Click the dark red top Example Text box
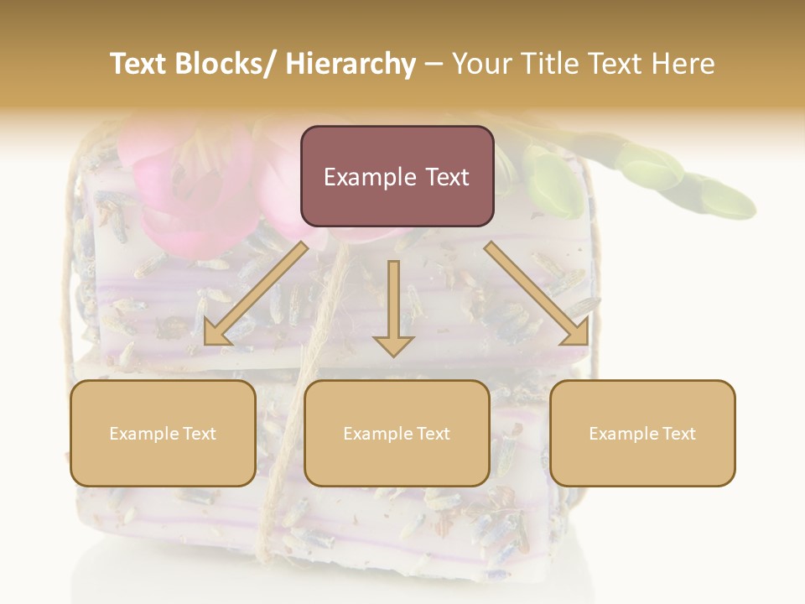[x=397, y=176]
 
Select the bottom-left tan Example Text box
[x=163, y=433]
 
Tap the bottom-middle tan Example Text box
[x=397, y=433]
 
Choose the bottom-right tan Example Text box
[x=642, y=433]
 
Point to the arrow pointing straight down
[x=393, y=310]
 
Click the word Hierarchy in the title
[x=351, y=64]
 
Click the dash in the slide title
[x=434, y=64]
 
